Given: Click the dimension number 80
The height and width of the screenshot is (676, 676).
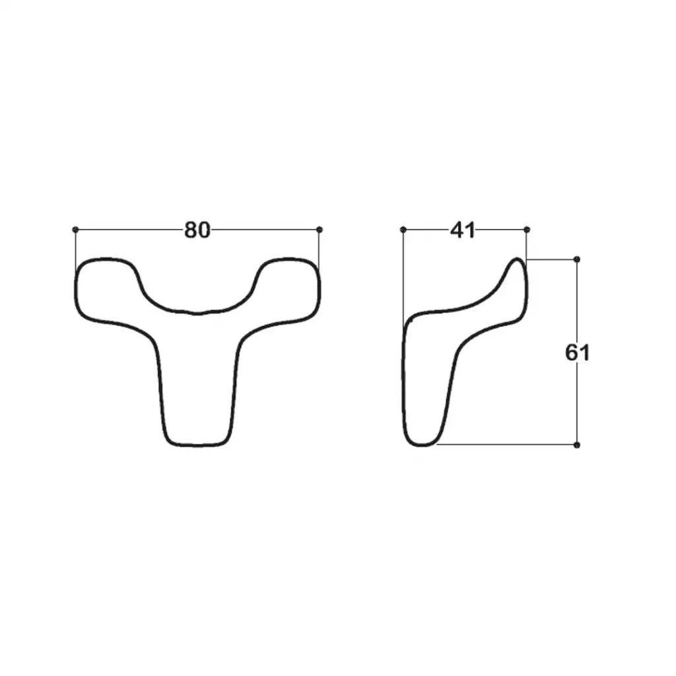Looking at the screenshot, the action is click(197, 230).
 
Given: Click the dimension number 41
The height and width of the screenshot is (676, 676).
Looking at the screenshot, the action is click(462, 230).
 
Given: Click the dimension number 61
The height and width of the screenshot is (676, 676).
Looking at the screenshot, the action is click(577, 353).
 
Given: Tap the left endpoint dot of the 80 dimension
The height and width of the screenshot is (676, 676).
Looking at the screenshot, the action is click(75, 229).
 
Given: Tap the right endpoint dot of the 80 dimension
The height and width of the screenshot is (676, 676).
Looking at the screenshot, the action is click(319, 229).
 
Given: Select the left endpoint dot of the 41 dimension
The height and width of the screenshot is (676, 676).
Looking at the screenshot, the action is click(403, 229).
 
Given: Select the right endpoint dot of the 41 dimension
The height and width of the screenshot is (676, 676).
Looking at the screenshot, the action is click(526, 229).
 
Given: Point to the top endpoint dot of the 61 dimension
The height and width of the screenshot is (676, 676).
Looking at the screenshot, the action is click(577, 259).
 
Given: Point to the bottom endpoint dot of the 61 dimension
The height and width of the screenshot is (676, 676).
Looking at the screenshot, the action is click(577, 444).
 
